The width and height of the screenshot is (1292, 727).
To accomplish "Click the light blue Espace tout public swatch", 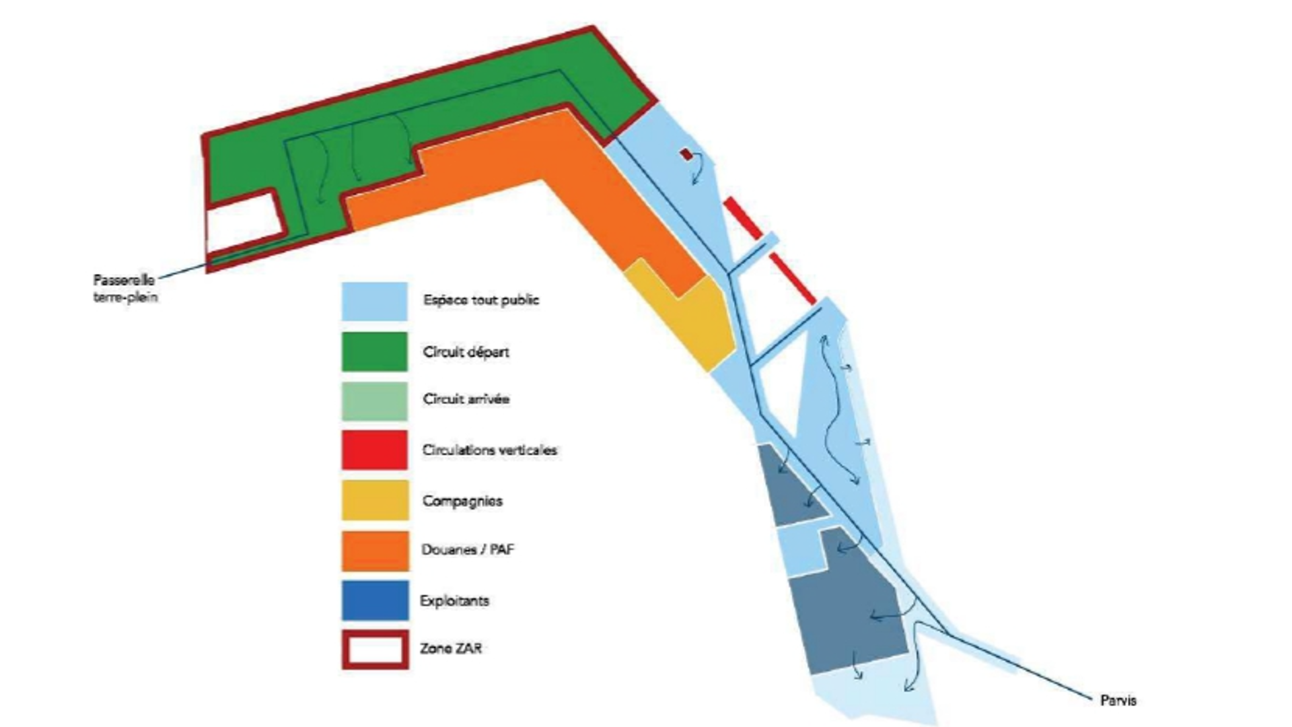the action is coord(374,301).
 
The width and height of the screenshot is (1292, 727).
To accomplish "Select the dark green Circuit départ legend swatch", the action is coord(374,351).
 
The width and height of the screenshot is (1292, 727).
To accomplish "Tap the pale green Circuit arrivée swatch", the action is coord(374,401).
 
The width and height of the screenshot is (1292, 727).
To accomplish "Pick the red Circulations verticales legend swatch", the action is coord(374,450).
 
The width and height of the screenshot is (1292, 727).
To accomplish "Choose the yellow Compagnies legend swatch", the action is coord(375,500).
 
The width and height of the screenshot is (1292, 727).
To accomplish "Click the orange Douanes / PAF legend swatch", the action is coord(375,551).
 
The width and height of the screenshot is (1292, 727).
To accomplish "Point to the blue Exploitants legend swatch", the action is coord(375,600).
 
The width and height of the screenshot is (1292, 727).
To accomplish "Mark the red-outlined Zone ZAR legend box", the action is coord(375,650).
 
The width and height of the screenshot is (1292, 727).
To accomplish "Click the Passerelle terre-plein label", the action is coord(124,288).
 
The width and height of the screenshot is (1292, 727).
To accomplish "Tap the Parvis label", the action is coord(1118,701).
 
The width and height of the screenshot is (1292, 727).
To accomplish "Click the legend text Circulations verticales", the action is coord(490,450).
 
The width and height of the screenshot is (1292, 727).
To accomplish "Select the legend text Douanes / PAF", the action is coord(468,550).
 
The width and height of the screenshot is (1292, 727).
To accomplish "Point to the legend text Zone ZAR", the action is coord(451,649).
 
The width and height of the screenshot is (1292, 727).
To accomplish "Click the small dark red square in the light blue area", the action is coord(686,155).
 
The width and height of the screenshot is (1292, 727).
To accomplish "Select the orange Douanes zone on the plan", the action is coord(538,182).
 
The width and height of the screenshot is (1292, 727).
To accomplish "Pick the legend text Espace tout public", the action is coord(481,300).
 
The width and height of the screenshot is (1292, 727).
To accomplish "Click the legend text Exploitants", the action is coord(454,601).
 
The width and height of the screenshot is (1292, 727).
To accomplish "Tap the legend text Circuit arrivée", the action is coord(466,399).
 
